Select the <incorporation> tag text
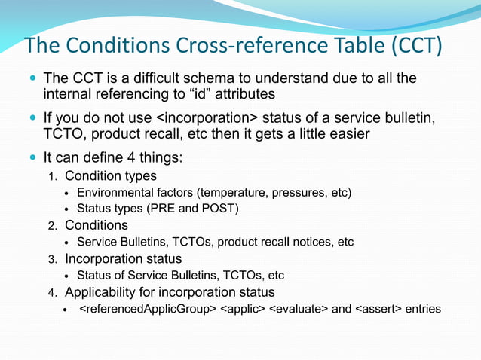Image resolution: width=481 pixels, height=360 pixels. [x=208, y=119]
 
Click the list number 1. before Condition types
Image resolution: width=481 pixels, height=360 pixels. [x=53, y=177]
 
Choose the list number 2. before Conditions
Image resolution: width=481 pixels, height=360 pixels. [x=53, y=226]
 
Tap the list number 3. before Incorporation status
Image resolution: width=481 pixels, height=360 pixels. [x=53, y=259]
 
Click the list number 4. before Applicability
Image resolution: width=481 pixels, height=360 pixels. [x=53, y=292]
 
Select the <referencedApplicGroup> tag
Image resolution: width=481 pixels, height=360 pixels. [x=147, y=309]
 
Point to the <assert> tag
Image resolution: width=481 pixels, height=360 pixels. [x=377, y=309]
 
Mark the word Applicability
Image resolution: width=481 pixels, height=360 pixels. [x=100, y=292]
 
